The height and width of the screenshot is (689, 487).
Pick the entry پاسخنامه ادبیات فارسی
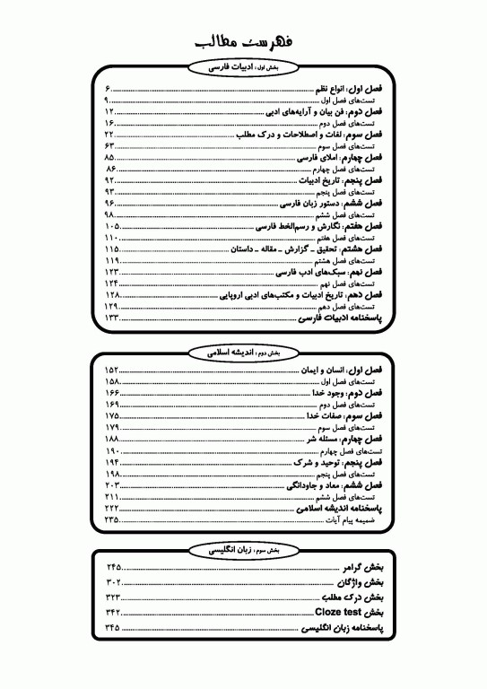tap(340, 318)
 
